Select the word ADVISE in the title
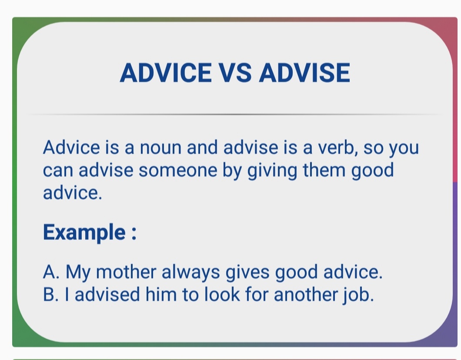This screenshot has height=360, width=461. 304,73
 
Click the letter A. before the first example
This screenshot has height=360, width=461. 51,273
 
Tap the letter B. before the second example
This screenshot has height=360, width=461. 51,295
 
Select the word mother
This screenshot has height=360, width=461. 126,273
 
